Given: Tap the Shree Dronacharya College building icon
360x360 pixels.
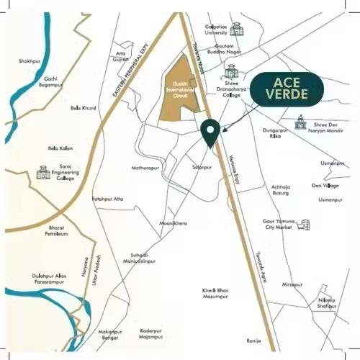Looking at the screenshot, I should (x=230, y=71).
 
